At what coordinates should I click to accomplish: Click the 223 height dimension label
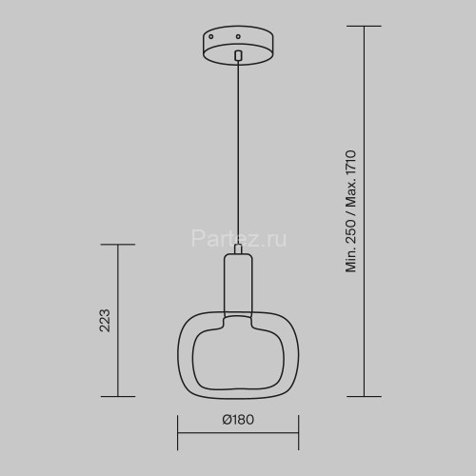click(x=105, y=321)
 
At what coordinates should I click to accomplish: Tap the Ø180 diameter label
click(x=238, y=420)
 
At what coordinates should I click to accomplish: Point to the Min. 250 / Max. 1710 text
click(x=351, y=211)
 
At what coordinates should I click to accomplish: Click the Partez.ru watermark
click(x=239, y=239)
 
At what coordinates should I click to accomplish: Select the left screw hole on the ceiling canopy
click(x=211, y=37)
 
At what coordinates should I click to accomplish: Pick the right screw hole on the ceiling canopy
click(x=238, y=37)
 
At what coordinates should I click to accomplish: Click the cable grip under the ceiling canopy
click(x=238, y=55)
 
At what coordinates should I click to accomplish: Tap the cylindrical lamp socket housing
click(x=238, y=283)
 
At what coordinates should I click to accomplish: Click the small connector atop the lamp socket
click(x=238, y=248)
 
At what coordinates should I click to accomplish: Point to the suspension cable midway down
click(x=238, y=152)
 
